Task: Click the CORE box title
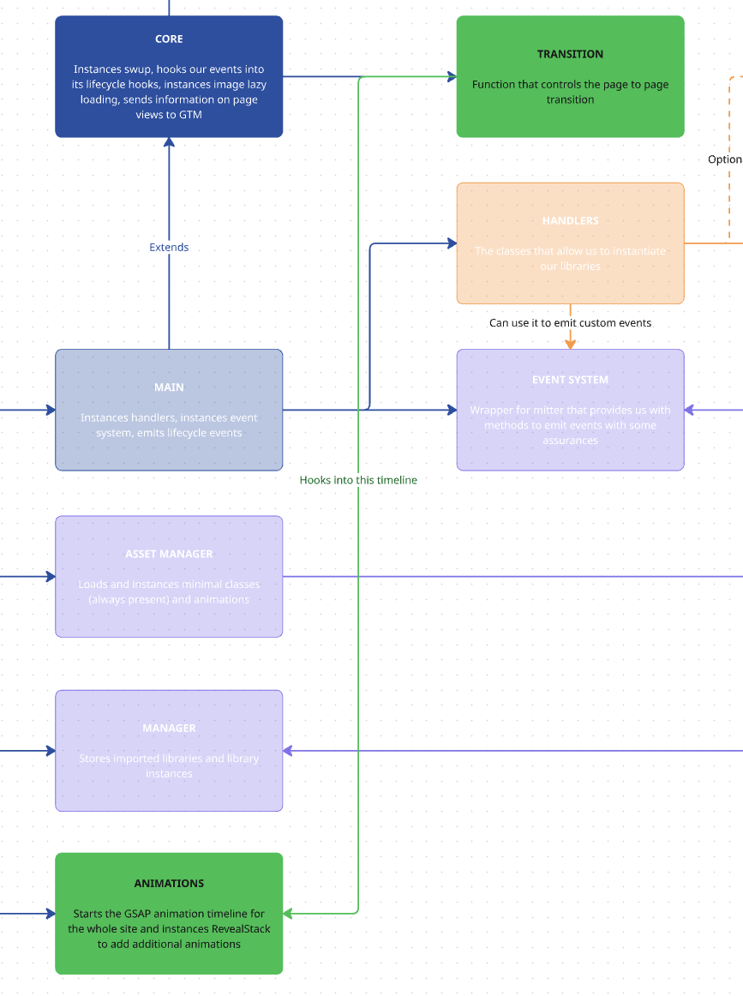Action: (x=169, y=39)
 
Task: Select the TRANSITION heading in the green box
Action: (x=570, y=54)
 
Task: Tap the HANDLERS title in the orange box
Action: (x=570, y=220)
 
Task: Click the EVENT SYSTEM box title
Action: (x=570, y=380)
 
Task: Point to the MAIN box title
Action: (x=169, y=387)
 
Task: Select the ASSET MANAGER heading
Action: (x=169, y=554)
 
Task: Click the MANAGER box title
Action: (x=169, y=728)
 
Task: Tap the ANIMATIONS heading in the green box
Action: (x=169, y=883)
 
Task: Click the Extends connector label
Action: (x=169, y=247)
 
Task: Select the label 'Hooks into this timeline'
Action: (x=358, y=480)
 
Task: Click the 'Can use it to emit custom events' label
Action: (x=570, y=323)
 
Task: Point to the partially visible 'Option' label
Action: (x=725, y=159)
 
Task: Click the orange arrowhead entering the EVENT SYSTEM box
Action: (x=570, y=344)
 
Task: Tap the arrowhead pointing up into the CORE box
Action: (x=169, y=144)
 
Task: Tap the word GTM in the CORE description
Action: (x=191, y=115)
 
